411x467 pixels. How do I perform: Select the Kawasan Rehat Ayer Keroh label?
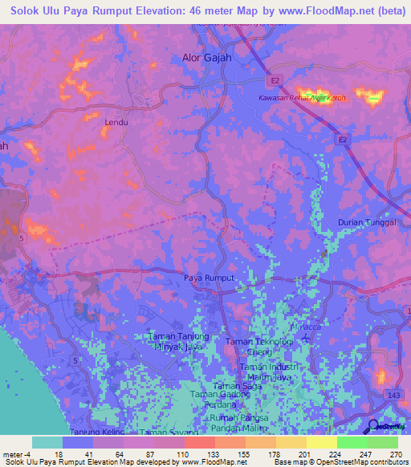tap(302, 98)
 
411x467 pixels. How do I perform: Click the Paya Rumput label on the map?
tap(209, 278)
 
